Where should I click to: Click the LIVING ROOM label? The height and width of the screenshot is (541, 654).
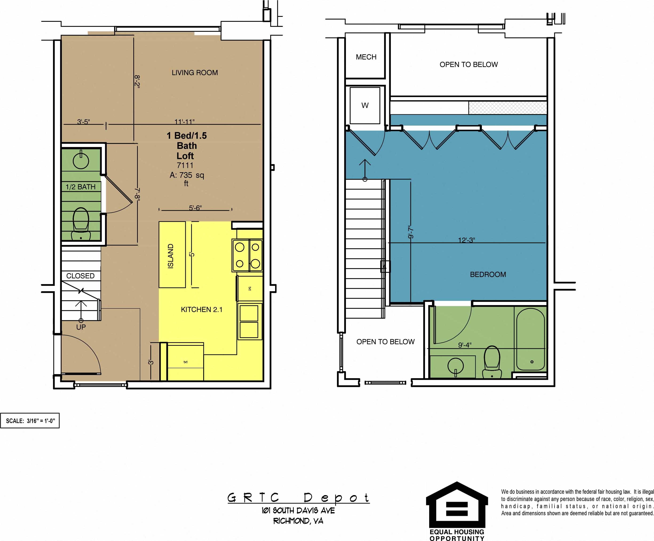[x=195, y=73]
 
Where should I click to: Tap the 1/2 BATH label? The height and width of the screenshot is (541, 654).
[x=80, y=187]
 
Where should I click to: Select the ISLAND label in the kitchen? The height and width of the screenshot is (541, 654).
[x=171, y=256]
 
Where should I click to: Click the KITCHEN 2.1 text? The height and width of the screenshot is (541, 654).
[x=202, y=309]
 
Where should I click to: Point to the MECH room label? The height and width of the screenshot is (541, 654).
[x=366, y=57]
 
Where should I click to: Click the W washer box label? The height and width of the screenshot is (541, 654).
[x=365, y=106]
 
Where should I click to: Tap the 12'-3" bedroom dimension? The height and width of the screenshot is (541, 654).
[x=466, y=240]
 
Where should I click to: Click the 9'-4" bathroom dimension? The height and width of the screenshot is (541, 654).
[x=464, y=345]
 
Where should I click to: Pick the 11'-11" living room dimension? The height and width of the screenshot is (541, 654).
[x=184, y=121]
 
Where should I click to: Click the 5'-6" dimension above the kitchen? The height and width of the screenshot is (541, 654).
[x=195, y=207]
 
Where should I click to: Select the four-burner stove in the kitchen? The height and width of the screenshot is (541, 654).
[x=247, y=255]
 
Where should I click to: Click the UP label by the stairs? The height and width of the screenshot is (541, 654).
[x=81, y=327]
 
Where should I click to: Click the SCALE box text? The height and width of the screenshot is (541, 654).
[x=30, y=421]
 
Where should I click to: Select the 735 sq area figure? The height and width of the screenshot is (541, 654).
[x=186, y=175]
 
